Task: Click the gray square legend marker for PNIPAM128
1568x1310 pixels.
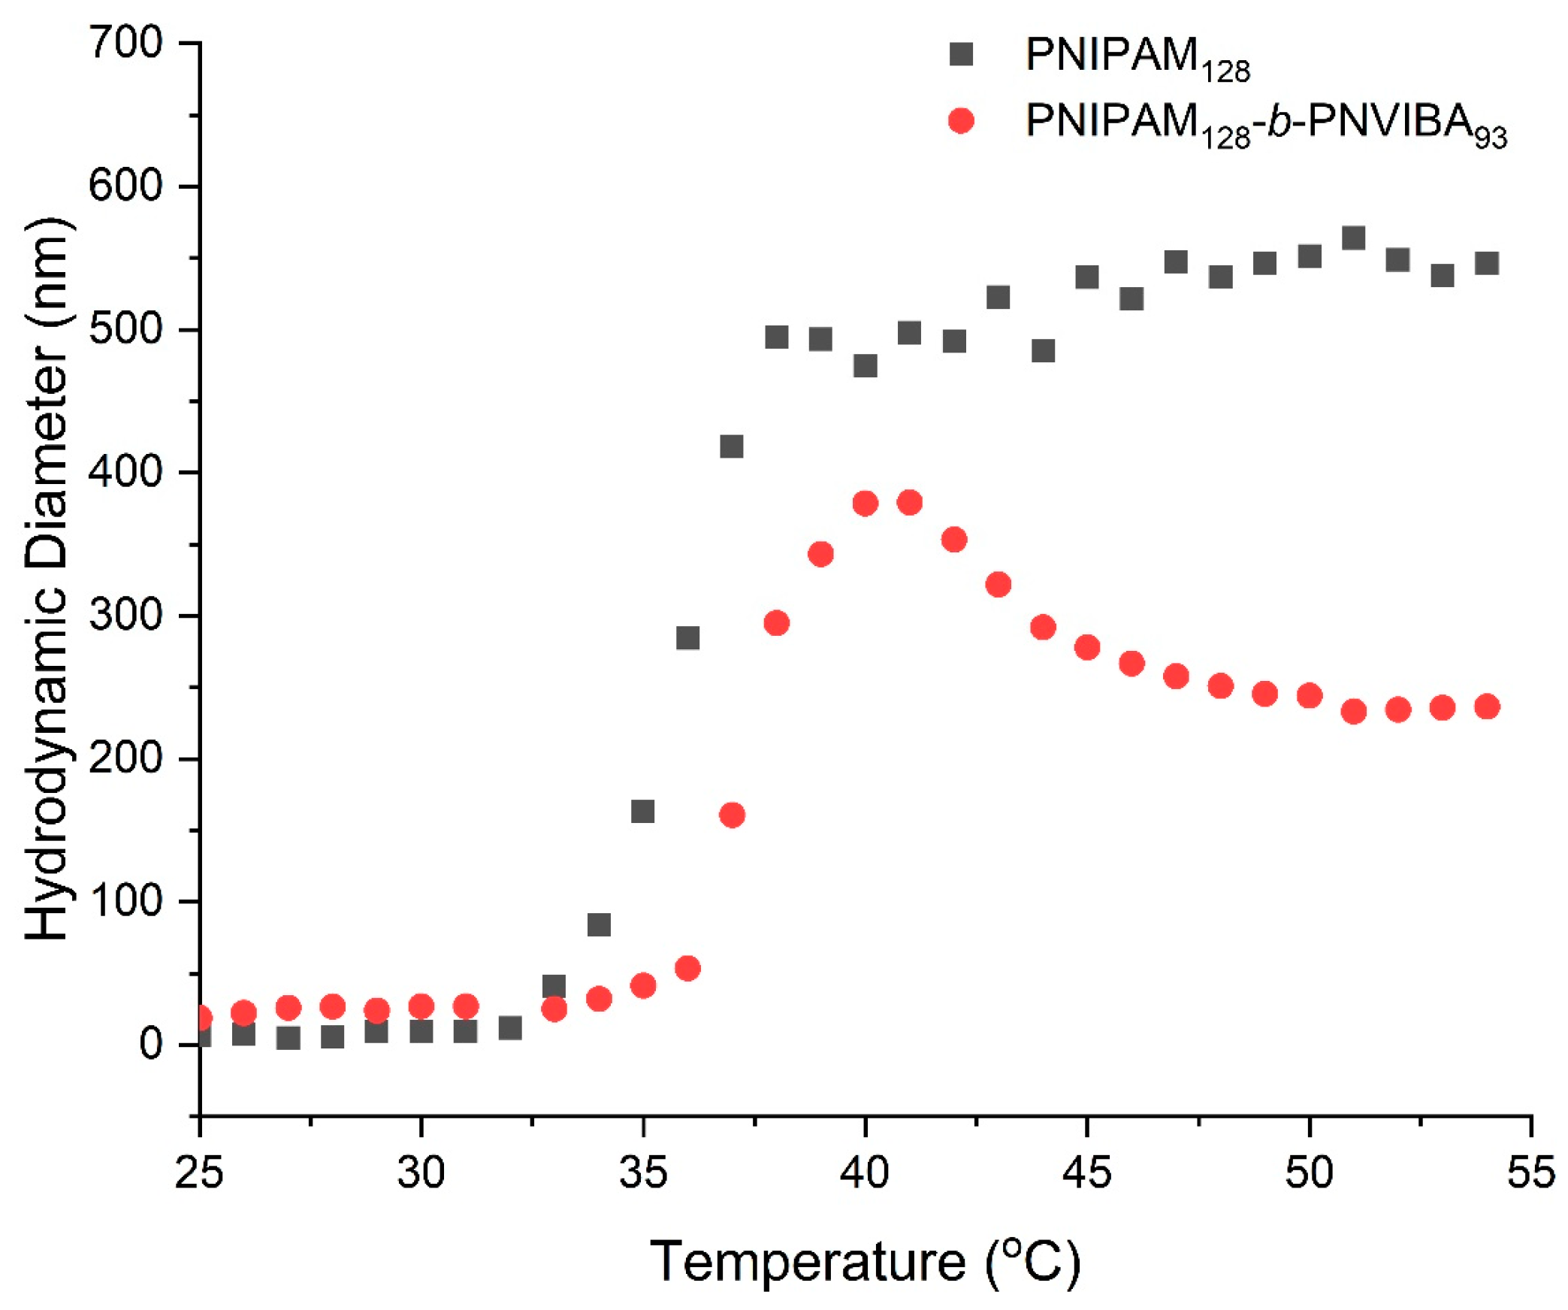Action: pyautogui.click(x=960, y=54)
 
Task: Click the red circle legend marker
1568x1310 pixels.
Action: pyautogui.click(x=960, y=121)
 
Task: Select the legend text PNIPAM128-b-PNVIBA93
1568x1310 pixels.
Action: pyautogui.click(x=1265, y=125)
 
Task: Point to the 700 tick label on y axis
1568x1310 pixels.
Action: pyautogui.click(x=125, y=43)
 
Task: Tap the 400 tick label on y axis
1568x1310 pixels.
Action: pyautogui.click(x=125, y=473)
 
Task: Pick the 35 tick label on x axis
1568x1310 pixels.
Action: pyautogui.click(x=642, y=1172)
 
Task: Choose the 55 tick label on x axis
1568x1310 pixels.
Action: pyautogui.click(x=1530, y=1172)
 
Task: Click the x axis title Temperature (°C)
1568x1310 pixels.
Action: pyautogui.click(x=864, y=1261)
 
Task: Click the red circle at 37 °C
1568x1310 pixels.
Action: pyautogui.click(x=732, y=815)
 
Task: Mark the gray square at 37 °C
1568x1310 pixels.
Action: pyautogui.click(x=732, y=447)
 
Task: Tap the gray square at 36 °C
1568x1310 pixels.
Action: pyautogui.click(x=687, y=638)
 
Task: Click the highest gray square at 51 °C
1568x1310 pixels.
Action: pyautogui.click(x=1353, y=238)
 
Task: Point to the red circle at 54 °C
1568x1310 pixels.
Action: pyautogui.click(x=1487, y=706)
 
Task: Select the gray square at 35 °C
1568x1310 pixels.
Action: pyautogui.click(x=642, y=812)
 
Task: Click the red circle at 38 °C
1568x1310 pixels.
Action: pyautogui.click(x=776, y=623)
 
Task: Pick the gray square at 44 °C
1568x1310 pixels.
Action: pyautogui.click(x=1043, y=351)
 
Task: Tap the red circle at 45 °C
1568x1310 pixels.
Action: pyautogui.click(x=1087, y=647)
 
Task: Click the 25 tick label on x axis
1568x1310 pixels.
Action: pyautogui.click(x=199, y=1172)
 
